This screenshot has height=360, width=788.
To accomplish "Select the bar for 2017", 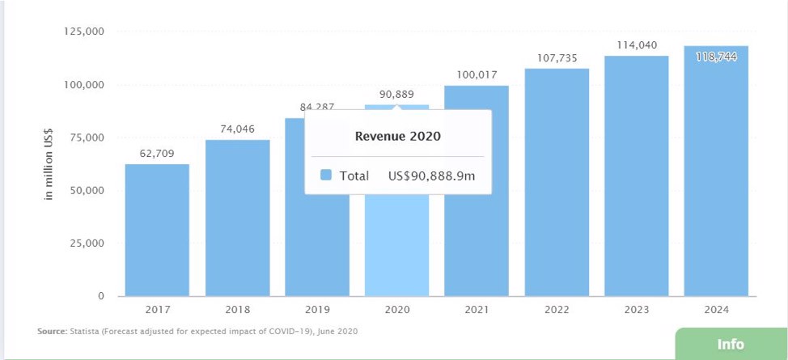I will coord(157,230).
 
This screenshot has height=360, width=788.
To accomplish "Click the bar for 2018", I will coord(237,218).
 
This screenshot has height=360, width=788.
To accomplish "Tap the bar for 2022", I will coord(557,182).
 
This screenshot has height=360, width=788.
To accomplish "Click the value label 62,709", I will coord(157,153).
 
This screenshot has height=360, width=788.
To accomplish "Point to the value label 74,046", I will coord(237,129).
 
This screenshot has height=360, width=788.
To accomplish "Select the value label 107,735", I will coord(557,58).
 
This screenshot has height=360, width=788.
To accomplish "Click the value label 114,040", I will coord(637,45).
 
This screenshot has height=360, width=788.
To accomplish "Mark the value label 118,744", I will coord(716,57).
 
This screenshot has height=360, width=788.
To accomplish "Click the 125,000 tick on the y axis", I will coord(83,32).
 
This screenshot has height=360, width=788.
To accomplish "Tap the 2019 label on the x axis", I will coord(317,310).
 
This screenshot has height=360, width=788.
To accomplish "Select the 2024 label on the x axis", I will coord(716,310).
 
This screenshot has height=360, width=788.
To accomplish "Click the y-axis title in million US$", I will coord(49,164).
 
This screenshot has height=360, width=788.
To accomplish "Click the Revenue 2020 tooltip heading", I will coord(398,136).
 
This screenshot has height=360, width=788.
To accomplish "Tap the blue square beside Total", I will coord(326,176).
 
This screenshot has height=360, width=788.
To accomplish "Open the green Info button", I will coord(731,344).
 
